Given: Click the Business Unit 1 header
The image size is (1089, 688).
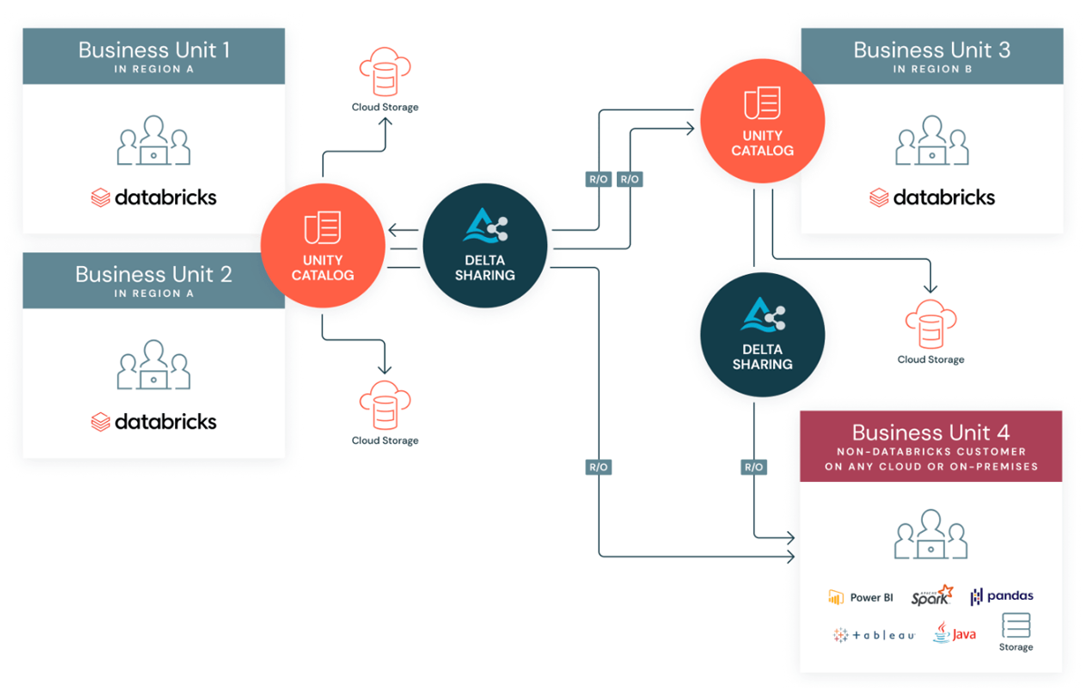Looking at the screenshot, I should tap(153, 55).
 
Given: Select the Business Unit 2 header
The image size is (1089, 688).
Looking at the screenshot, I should tap(153, 280).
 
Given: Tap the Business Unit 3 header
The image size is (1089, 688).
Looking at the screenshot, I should tap(931, 55).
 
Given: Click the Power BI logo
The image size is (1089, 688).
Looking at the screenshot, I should tap(860, 597).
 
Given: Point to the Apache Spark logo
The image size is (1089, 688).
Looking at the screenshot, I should tap(932, 595).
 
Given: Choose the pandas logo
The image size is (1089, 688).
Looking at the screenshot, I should tap(1002, 596).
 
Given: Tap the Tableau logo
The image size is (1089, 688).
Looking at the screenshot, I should tap(873, 635).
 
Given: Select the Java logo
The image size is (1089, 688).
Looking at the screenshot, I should tap(954, 633).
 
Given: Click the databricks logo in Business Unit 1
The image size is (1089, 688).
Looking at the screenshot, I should tap(153, 197).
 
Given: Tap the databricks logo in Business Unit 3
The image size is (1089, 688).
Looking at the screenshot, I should tap(931, 197).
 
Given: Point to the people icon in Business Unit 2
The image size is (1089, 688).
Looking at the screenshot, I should tap(153, 365).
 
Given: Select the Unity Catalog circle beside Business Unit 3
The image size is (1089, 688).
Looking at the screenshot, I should tap(762, 121).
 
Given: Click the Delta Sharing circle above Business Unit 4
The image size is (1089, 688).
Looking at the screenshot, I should tap(762, 335).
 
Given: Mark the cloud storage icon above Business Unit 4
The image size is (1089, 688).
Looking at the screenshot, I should tap(930, 326).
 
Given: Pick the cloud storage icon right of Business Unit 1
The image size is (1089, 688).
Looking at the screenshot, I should tap(385, 74).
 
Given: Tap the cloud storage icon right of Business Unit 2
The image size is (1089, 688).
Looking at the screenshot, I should tap(385, 405).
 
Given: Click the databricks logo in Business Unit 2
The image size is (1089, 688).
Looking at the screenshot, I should tap(153, 421).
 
